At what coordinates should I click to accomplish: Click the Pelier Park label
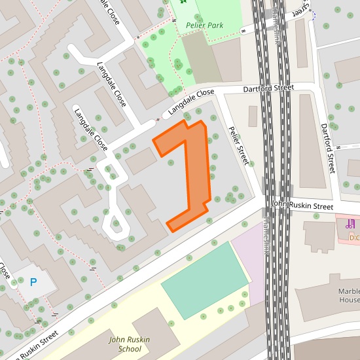click(204, 26)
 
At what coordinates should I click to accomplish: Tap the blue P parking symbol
click(33, 283)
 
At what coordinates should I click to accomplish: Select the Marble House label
click(349, 295)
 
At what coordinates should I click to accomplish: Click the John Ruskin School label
click(129, 344)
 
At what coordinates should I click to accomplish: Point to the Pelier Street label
click(238, 144)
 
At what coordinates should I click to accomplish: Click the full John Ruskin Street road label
click(302, 206)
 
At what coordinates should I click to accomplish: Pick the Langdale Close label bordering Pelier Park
click(191, 103)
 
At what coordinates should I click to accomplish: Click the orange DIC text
click(354, 237)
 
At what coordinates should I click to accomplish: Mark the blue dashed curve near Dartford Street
click(312, 15)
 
